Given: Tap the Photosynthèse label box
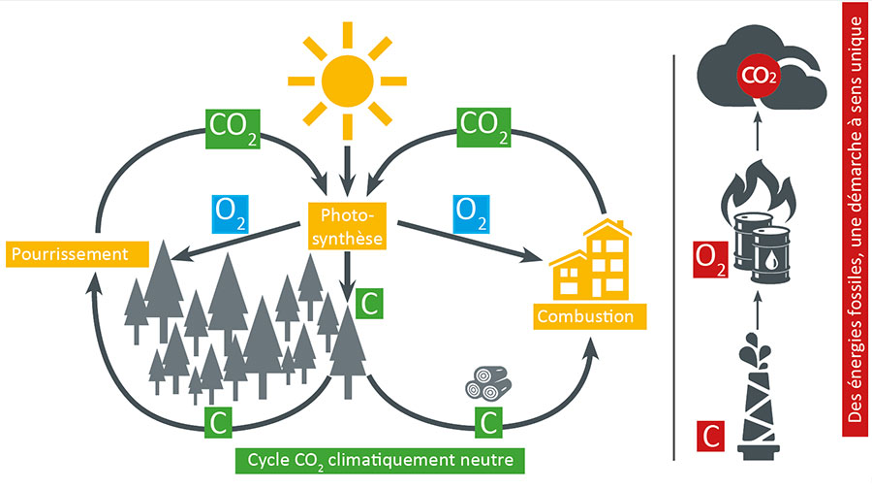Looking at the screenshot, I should (x=347, y=226).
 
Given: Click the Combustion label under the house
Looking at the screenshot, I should (x=586, y=315).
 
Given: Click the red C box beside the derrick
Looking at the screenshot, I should (x=710, y=435).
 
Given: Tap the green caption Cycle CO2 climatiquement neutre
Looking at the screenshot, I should (x=381, y=457).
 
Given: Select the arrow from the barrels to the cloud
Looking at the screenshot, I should (x=759, y=141).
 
